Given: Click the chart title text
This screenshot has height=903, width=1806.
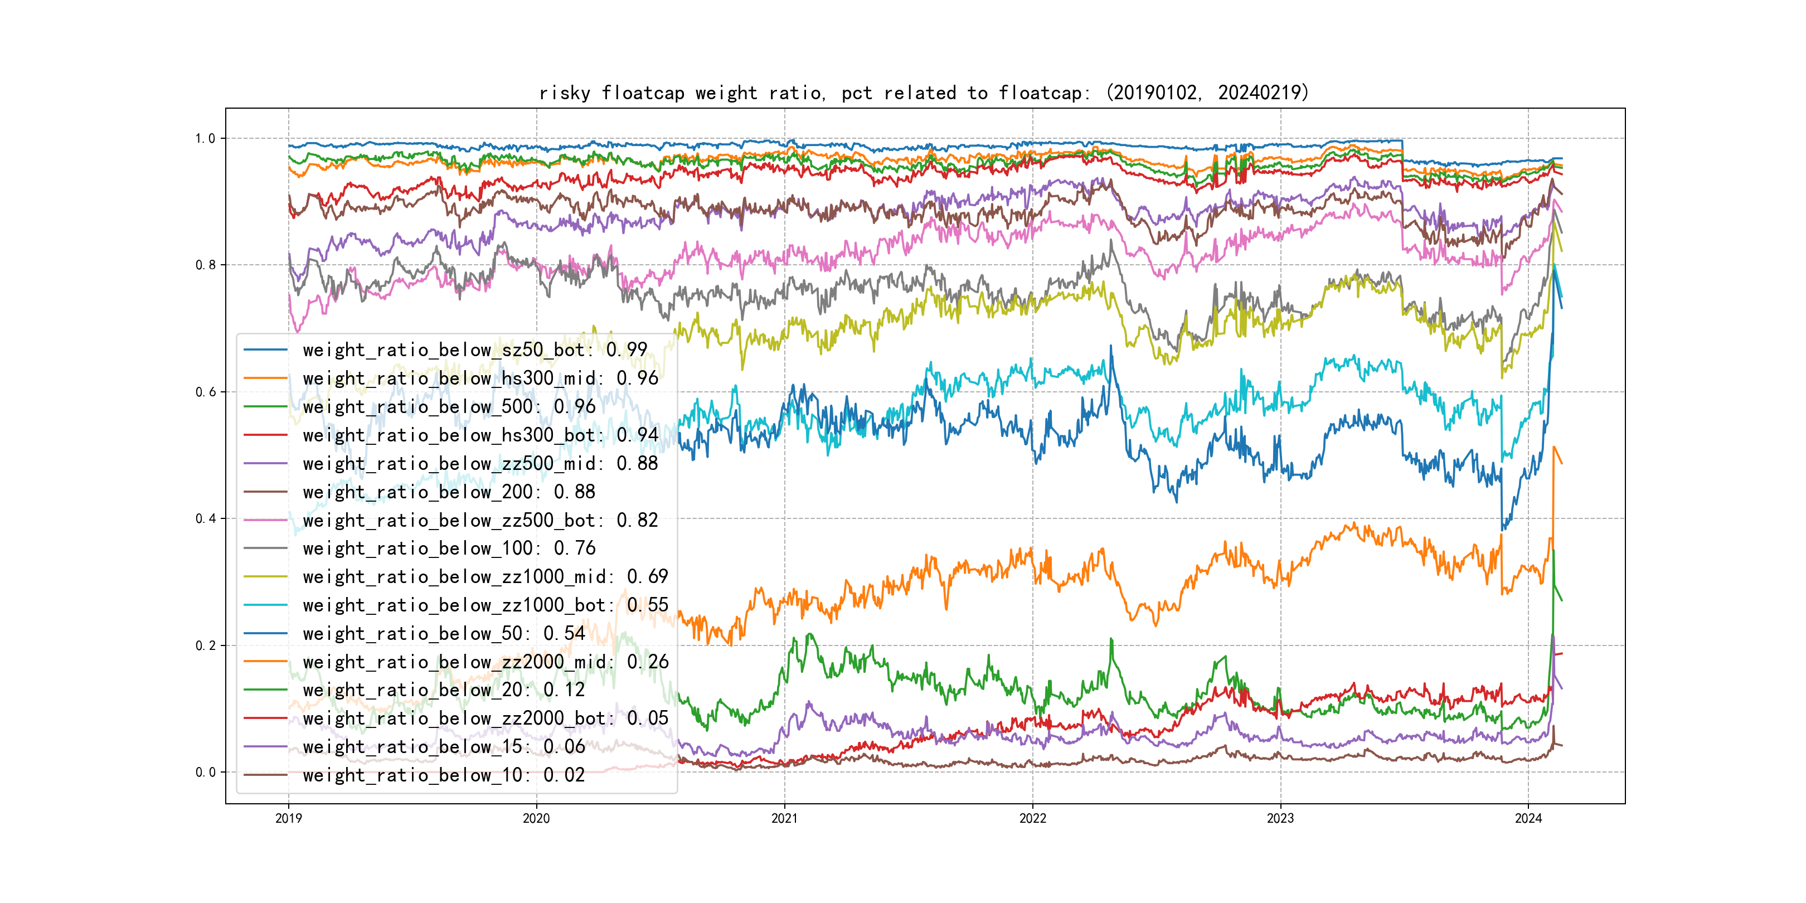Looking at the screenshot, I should [x=923, y=93].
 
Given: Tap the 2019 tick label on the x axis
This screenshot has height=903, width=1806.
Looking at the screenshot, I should [x=288, y=818].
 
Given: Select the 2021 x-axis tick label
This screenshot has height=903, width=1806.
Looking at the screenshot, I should [x=784, y=818].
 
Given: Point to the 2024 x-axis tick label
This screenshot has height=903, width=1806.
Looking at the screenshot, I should [x=1528, y=818].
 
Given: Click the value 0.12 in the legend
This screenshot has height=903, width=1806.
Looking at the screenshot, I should [x=564, y=690].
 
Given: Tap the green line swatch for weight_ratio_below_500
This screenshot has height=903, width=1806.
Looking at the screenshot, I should [x=265, y=407].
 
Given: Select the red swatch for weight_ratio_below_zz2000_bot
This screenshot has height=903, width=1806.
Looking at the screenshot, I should [x=265, y=718].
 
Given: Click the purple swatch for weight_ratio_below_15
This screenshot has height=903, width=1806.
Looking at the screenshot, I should [x=265, y=747].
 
